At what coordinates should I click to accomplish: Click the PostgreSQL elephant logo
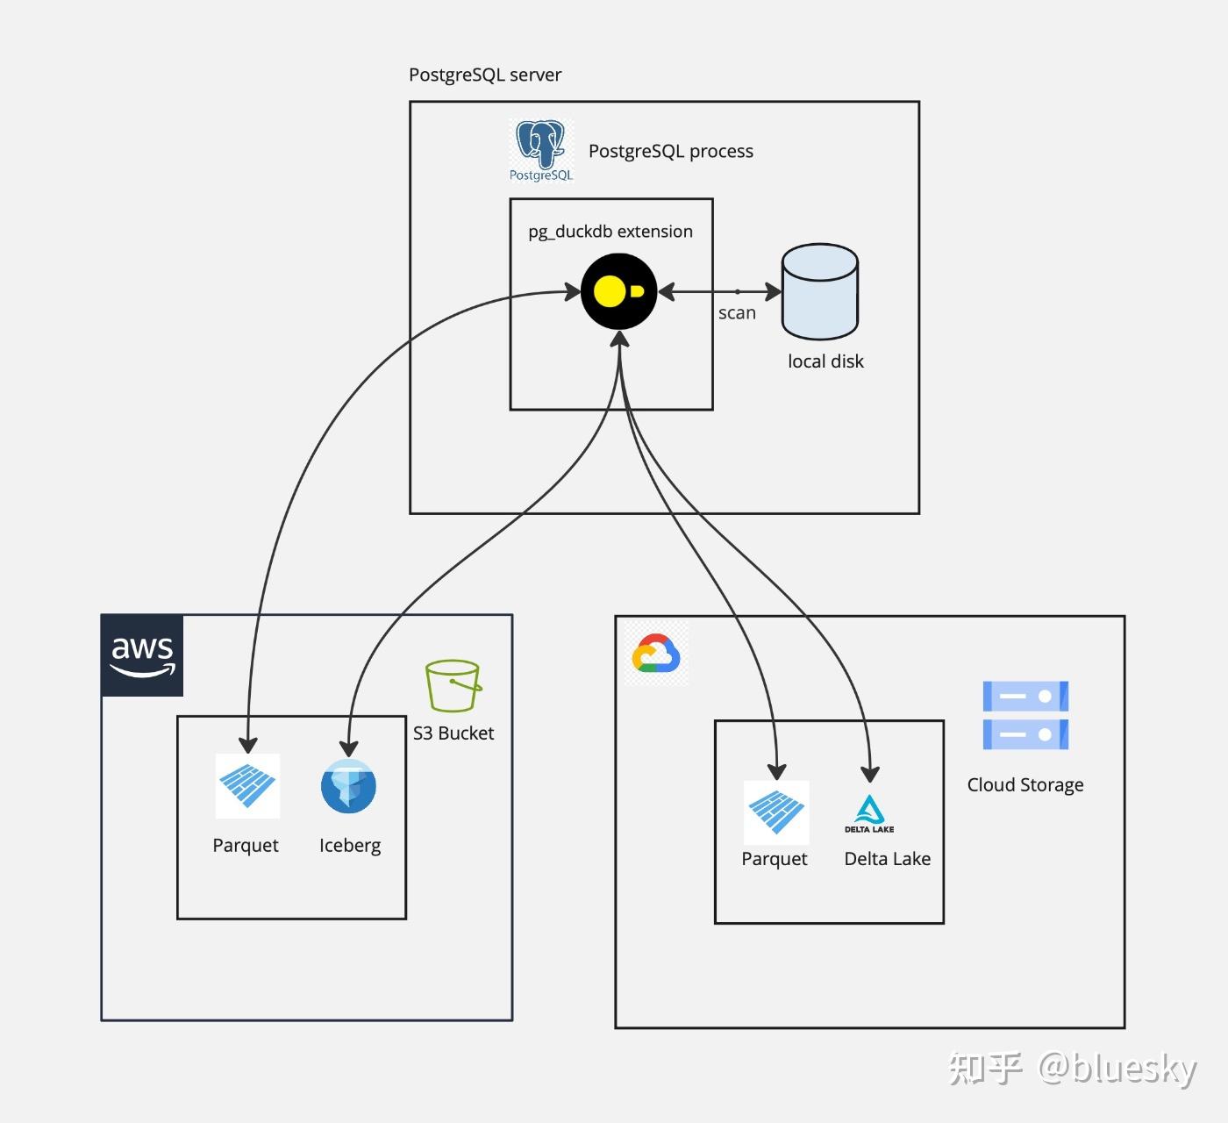[x=541, y=151]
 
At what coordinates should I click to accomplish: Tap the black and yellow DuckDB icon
[x=619, y=291]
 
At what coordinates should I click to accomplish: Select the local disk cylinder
[x=819, y=291]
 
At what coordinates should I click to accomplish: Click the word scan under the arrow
[x=737, y=313]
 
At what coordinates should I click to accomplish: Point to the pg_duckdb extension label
[x=610, y=232]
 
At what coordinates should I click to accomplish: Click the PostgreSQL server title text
[x=485, y=75]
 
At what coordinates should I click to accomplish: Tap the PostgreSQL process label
[x=671, y=151]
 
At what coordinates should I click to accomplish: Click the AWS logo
[x=142, y=655]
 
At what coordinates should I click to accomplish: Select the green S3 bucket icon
[x=453, y=685]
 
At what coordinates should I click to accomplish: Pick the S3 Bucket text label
[x=453, y=733]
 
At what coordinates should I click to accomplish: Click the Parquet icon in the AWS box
[x=248, y=786]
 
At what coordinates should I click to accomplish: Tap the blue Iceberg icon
[x=348, y=786]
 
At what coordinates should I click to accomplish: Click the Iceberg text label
[x=350, y=846]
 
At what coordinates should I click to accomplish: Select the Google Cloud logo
[x=656, y=653]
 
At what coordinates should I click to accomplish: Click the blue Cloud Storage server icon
[x=1026, y=715]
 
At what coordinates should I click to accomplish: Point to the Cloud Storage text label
[x=1025, y=785]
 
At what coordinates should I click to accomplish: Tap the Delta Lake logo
[x=869, y=814]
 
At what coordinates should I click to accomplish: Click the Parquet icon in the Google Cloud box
[x=776, y=812]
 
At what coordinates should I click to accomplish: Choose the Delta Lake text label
[x=888, y=858]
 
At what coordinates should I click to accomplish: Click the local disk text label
[x=825, y=361]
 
